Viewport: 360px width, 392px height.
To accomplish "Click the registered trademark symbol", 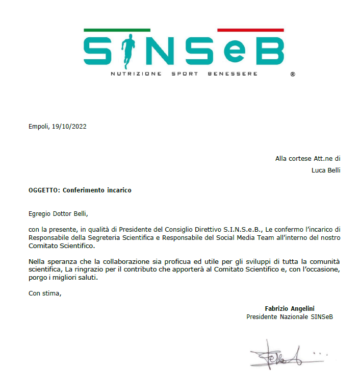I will (292, 75).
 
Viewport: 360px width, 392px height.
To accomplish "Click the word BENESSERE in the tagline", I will (233, 74).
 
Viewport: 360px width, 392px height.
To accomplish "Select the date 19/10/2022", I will (69, 127).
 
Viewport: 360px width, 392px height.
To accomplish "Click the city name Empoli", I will (39, 127).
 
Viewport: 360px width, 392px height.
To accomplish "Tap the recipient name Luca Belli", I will (326, 170).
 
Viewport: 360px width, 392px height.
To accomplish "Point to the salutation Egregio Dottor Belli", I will (62, 214).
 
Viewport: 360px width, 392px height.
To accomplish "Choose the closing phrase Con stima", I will (45, 293).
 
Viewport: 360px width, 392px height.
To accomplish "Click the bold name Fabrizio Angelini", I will (290, 308).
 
